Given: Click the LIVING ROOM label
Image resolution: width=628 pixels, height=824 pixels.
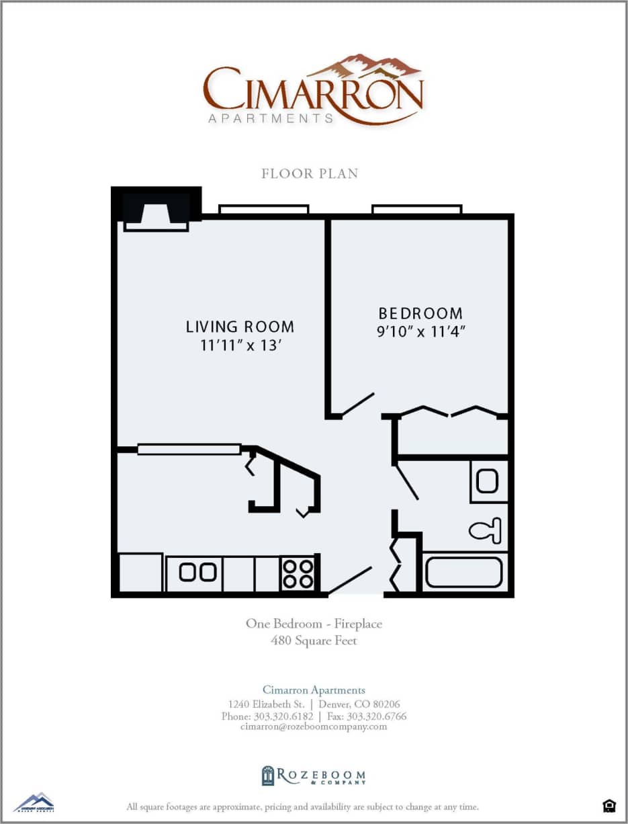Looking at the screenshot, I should [240, 327].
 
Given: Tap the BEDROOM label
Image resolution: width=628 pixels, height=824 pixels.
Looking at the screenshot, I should [420, 313].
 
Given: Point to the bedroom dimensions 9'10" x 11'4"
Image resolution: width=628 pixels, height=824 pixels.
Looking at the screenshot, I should [420, 331].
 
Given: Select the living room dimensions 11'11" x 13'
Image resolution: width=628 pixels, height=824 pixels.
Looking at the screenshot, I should [240, 345].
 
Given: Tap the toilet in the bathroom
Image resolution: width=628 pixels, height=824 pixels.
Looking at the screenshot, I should [486, 530].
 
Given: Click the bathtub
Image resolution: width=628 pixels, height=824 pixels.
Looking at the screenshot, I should [463, 572].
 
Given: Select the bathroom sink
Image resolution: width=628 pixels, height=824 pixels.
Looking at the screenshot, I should [488, 481].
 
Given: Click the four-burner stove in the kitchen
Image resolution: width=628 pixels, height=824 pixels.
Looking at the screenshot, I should [297, 573].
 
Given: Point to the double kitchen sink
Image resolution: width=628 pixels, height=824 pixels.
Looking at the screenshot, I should [198, 573].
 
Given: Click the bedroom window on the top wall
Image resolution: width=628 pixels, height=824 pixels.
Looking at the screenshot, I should [417, 209].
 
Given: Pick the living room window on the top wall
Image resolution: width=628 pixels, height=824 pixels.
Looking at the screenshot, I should [264, 209].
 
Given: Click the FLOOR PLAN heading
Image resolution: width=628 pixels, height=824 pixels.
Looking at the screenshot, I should [310, 173].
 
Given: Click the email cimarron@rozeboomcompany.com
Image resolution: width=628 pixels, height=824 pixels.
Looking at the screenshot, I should [314, 726].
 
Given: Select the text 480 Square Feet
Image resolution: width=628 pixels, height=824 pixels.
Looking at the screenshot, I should [314, 641].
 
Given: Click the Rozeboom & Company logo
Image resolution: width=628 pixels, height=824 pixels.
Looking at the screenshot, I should [314, 776].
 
